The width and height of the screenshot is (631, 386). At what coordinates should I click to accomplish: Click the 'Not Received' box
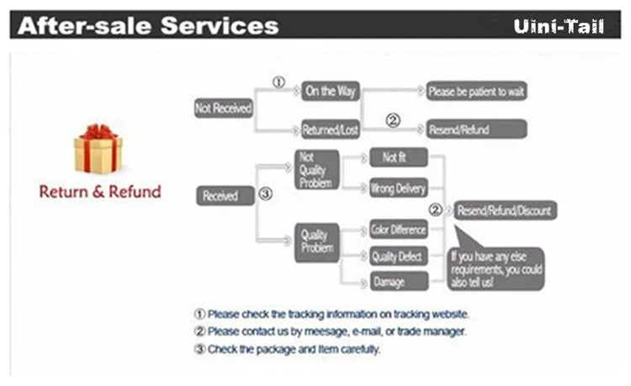(224, 108)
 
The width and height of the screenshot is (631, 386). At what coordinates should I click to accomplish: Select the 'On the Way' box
(331, 92)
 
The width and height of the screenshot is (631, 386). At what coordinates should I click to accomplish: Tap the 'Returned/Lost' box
(331, 130)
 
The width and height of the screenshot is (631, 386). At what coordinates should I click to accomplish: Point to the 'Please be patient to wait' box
(476, 92)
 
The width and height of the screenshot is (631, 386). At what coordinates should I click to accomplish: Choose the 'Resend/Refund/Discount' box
(506, 210)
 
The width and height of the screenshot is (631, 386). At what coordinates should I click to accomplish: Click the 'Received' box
(225, 196)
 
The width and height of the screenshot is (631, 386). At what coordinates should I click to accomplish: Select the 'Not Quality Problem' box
(316, 170)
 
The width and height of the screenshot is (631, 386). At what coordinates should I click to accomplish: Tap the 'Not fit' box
(399, 157)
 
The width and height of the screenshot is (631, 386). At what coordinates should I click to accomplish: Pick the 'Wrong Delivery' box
(399, 188)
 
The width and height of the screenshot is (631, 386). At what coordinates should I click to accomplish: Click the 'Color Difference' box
(399, 230)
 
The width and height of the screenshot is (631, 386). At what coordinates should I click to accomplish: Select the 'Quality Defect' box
(399, 256)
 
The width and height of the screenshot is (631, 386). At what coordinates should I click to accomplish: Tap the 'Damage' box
(399, 281)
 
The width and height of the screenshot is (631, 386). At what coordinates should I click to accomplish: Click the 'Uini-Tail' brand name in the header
(559, 26)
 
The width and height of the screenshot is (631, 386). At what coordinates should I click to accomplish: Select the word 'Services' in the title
(220, 25)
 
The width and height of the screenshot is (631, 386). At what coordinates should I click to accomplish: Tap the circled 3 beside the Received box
(266, 193)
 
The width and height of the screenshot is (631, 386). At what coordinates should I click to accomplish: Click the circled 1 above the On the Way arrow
(278, 82)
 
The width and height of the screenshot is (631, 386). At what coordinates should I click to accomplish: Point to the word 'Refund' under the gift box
(135, 192)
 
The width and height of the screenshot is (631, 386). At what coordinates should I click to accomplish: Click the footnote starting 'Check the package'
(287, 349)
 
